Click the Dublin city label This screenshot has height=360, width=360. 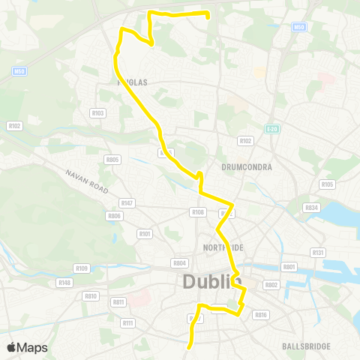211,283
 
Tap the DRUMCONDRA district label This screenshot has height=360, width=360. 247,166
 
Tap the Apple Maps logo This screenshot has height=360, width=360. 26,347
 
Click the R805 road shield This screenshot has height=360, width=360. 113,159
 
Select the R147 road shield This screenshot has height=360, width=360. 127,203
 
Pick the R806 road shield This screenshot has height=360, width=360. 114,216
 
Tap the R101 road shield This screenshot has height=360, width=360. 145,234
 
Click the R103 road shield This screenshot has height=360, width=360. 97,113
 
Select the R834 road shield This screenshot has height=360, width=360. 311,208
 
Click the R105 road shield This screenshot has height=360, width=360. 327,184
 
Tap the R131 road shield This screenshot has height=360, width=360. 318,253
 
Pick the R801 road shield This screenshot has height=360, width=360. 289,267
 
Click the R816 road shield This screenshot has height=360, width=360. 261,315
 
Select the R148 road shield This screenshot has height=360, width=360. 65,283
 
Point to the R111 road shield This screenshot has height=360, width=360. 127,323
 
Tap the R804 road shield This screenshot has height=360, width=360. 179,263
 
